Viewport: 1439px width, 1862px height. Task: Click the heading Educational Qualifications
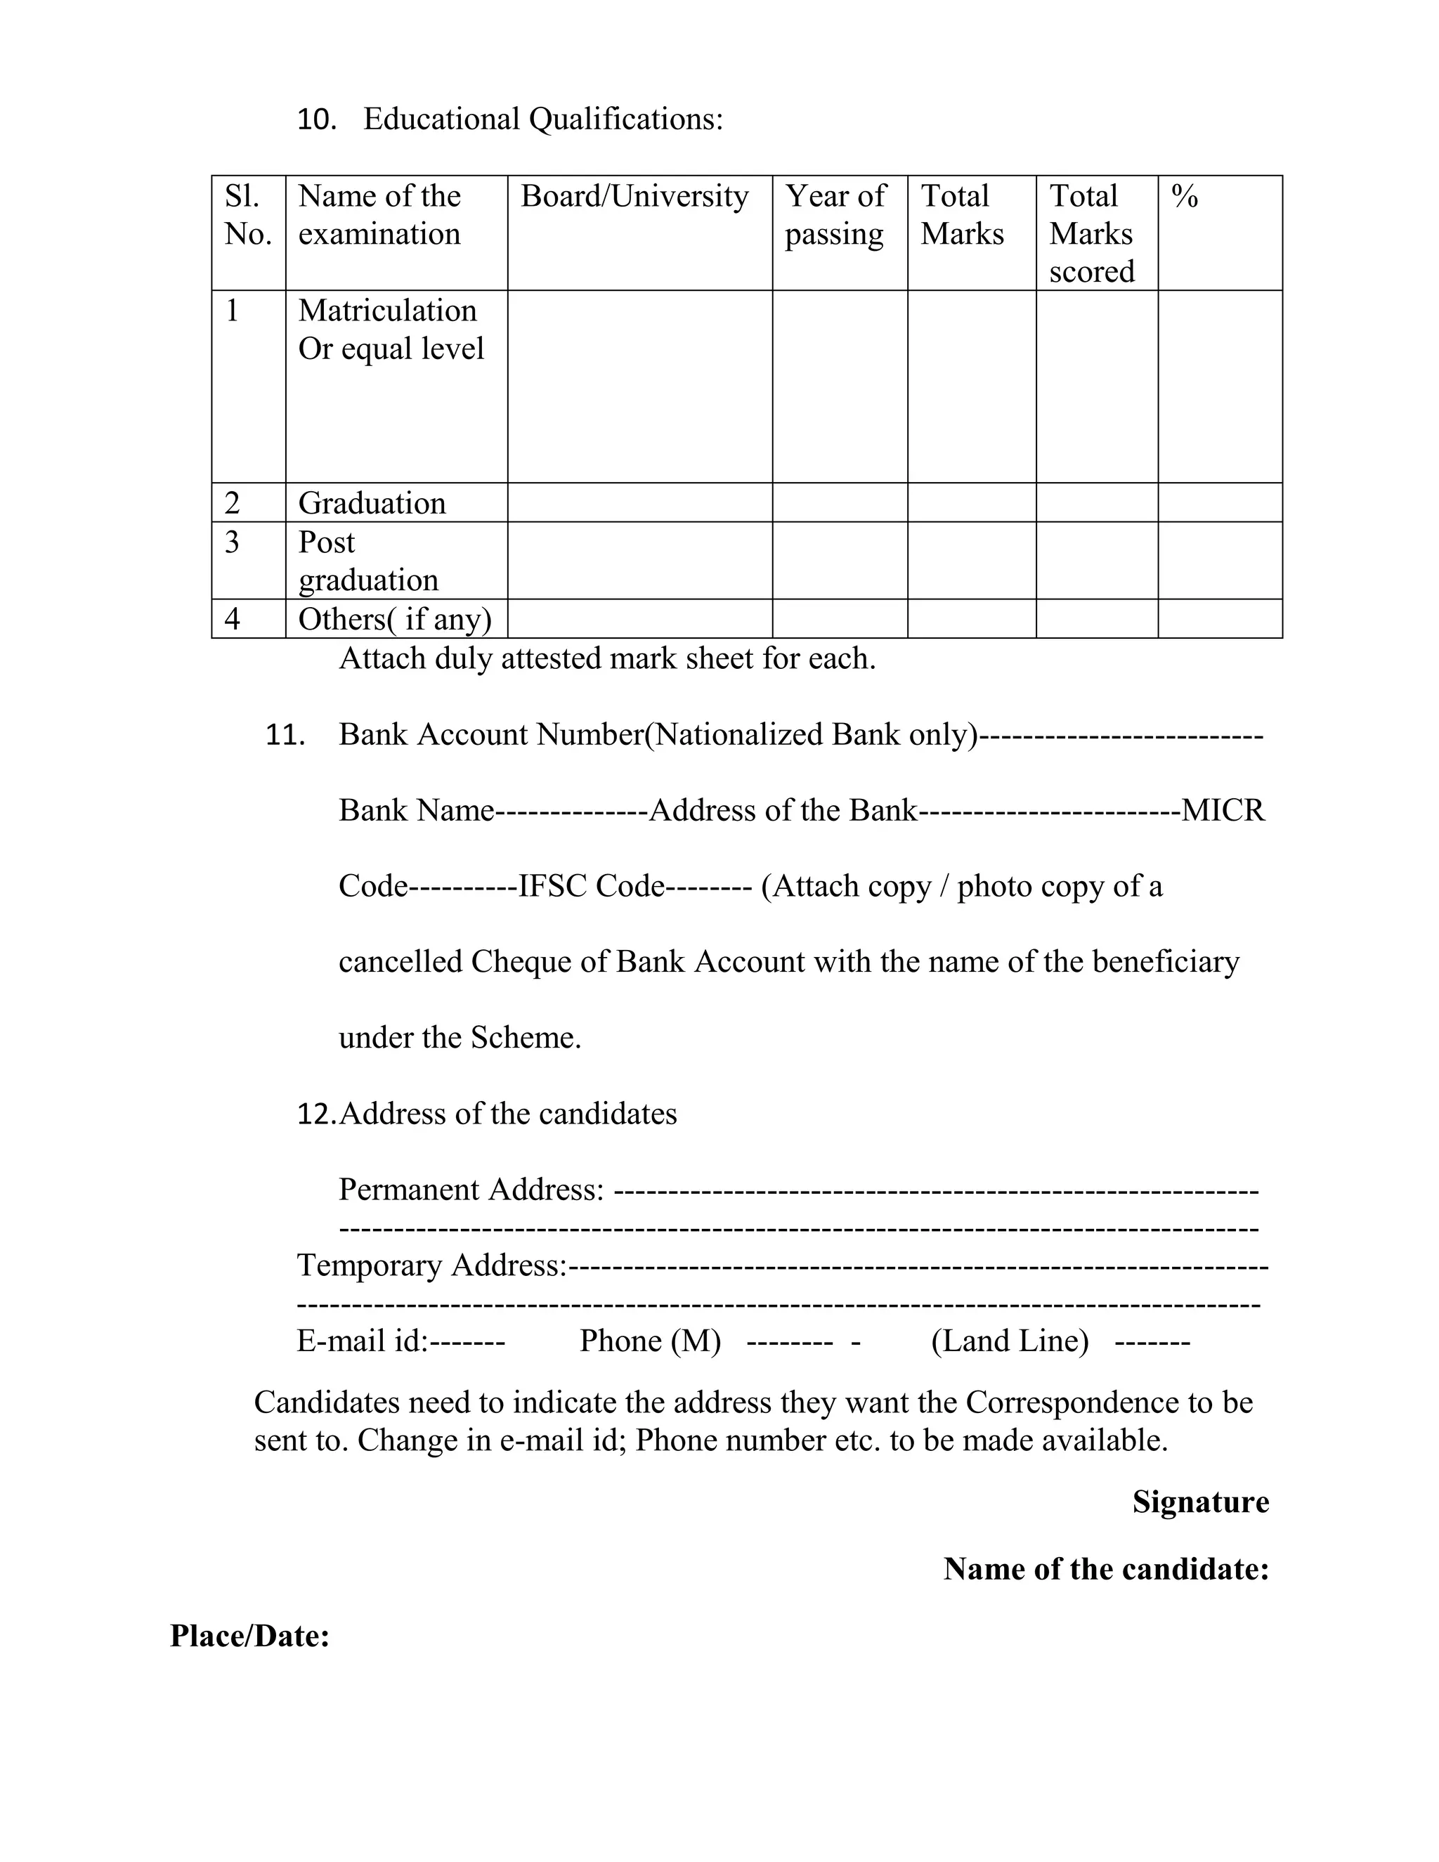pos(542,119)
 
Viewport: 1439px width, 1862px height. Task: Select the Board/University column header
pos(634,196)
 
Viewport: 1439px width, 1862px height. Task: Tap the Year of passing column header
pos(835,215)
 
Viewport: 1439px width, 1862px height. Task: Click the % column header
pos(1184,196)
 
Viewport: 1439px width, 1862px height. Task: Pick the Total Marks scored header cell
pos(1091,233)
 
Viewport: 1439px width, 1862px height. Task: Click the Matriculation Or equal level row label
pos(391,329)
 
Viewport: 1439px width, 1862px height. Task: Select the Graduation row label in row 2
pos(372,503)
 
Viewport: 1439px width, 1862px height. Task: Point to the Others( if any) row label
pos(395,619)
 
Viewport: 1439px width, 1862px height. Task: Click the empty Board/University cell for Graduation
pos(639,503)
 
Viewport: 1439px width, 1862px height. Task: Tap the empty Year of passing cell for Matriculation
pos(840,386)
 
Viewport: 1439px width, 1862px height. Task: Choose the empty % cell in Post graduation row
pos(1219,560)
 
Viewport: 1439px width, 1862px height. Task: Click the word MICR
pos(1223,810)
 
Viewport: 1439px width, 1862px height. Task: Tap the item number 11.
pos(285,735)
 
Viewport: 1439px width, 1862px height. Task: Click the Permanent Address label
pos(471,1190)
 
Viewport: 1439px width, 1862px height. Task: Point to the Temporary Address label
pos(431,1265)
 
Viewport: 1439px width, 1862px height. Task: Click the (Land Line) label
pos(1010,1341)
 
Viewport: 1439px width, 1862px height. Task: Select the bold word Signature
pos(1199,1502)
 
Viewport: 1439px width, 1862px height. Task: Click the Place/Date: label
pos(249,1635)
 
